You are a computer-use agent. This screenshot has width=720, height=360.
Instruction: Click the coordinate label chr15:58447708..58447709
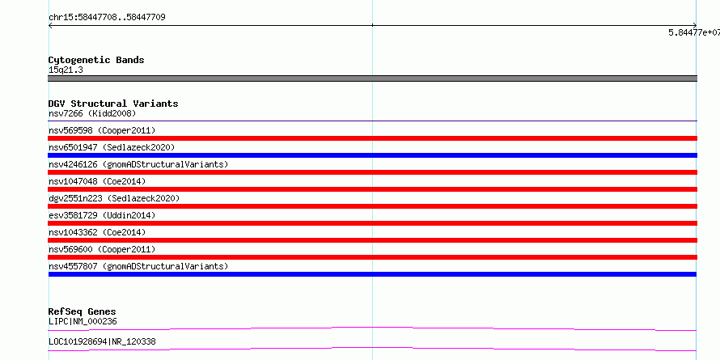tap(107, 18)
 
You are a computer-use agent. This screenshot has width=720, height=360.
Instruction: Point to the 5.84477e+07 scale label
tap(694, 32)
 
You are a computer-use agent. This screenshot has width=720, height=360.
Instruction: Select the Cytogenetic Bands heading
tap(96, 60)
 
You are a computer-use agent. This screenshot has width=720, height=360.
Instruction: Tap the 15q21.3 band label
tap(66, 70)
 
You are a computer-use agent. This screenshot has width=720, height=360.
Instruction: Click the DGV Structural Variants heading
tap(113, 104)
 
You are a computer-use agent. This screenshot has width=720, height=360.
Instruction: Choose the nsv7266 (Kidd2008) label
tap(92, 113)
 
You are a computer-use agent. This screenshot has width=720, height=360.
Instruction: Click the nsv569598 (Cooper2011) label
tap(102, 130)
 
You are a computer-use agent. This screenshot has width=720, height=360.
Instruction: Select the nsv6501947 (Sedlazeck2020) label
tap(112, 147)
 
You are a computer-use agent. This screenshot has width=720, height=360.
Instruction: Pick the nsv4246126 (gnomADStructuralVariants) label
tap(138, 164)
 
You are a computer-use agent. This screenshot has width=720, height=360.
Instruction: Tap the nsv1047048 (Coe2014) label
tap(97, 181)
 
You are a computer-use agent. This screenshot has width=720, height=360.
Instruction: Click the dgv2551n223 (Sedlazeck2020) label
tap(114, 198)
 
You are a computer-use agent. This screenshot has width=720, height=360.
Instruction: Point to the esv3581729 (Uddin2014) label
tap(102, 215)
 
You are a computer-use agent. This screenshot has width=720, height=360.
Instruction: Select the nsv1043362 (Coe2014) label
tap(97, 232)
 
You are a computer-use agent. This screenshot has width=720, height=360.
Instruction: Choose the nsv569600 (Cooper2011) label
tap(102, 249)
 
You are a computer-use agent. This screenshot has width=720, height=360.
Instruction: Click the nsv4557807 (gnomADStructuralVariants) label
tap(138, 266)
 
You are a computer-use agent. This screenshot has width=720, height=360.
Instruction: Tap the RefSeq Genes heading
tap(83, 311)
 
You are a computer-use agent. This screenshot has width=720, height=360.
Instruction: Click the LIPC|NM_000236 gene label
tap(83, 321)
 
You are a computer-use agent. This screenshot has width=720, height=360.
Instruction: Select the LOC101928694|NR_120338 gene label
tap(102, 341)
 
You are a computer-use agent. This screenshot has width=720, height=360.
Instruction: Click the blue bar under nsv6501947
tap(372, 155)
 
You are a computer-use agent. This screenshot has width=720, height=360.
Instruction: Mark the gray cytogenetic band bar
tap(372, 78)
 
